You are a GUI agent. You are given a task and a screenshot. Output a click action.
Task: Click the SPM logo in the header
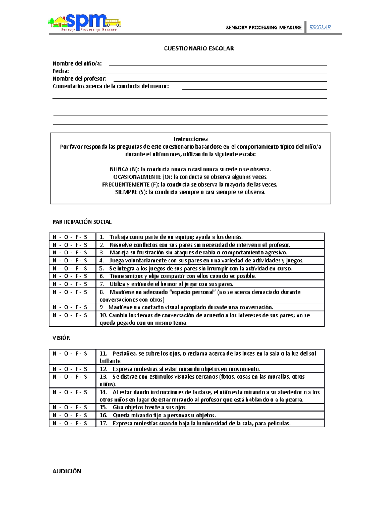pos(84,22)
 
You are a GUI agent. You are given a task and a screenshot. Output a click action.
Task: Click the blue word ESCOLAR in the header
pos(320,28)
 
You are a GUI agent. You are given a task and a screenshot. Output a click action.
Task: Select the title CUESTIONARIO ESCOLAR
pos(199,48)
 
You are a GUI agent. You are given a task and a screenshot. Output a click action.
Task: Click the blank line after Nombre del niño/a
pos(218,64)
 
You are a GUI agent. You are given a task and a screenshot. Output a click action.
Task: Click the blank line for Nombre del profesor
pos(220,79)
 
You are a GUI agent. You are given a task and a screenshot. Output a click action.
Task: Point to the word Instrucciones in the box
pos(191,139)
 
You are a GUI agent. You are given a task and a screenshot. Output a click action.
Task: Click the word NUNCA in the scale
pos(119,169)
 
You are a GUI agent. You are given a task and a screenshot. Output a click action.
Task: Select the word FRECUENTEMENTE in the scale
pos(126,185)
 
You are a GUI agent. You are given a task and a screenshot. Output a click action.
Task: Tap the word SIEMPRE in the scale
pos(126,192)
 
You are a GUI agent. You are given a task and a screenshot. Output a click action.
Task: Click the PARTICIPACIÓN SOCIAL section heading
pos(82,222)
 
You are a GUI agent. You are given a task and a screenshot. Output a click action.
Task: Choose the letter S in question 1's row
pos(85,237)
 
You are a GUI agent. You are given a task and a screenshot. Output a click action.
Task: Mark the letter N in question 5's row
pos(54,269)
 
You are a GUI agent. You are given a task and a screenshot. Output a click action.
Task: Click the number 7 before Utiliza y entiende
pos(102,284)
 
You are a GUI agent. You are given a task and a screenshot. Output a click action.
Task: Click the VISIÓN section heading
pos(61,338)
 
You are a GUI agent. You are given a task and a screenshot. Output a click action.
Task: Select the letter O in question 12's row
pos(66,369)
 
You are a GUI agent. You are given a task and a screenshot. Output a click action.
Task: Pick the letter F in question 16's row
pos(77,416)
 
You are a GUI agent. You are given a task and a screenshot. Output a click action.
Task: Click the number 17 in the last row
pos(103,424)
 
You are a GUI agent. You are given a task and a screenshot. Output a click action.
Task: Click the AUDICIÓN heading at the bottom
pos(67,472)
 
